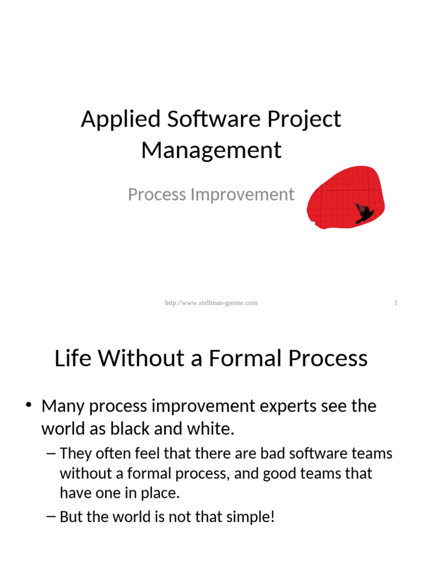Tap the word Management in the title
(x=211, y=150)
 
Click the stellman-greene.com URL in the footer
(x=211, y=303)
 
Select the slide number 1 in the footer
(x=395, y=303)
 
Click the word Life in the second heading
(x=73, y=359)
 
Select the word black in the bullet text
(x=123, y=430)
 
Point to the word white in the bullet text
(x=209, y=430)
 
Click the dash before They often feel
(x=52, y=454)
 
